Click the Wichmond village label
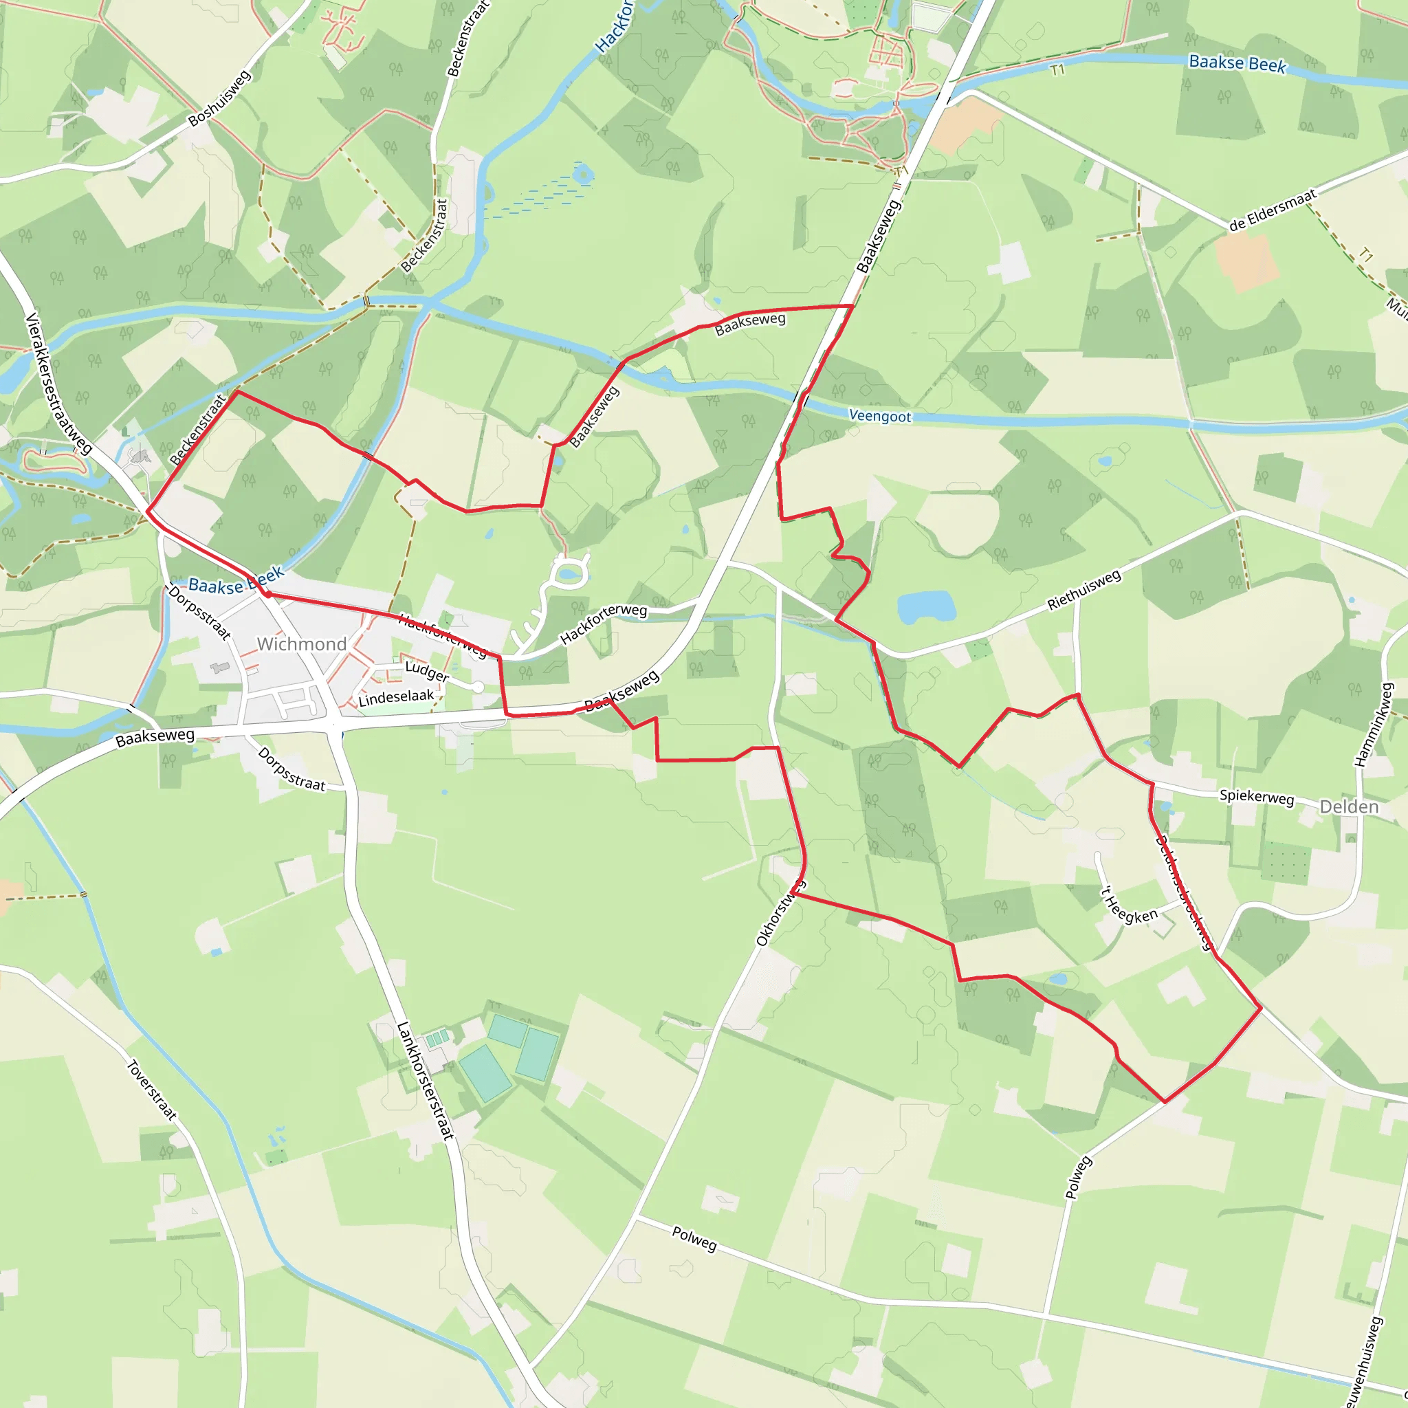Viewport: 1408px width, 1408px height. (x=301, y=644)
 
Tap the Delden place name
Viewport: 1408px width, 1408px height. (x=1349, y=806)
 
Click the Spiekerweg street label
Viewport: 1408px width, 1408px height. (x=1257, y=797)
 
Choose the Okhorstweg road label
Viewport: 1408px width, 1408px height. (x=780, y=913)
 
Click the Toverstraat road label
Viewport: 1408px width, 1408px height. (x=151, y=1090)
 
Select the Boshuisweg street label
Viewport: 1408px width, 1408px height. (x=219, y=98)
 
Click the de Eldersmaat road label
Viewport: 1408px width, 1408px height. (x=1273, y=210)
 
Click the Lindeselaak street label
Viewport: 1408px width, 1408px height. (x=396, y=697)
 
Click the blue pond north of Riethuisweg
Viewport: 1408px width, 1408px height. (x=926, y=607)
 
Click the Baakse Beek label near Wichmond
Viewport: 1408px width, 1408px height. (x=235, y=581)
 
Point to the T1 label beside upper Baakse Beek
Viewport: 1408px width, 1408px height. (x=1057, y=70)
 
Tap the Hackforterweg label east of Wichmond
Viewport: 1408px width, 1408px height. (x=603, y=623)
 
